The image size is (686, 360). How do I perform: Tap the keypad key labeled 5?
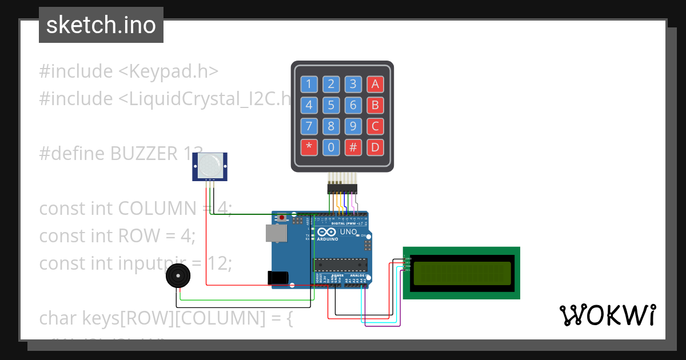click(331, 105)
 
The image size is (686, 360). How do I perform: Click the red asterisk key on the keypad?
click(309, 147)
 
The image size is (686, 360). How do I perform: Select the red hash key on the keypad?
click(353, 147)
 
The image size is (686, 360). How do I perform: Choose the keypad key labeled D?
click(375, 147)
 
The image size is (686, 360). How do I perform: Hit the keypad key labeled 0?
click(331, 147)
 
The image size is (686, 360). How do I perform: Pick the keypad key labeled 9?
click(353, 126)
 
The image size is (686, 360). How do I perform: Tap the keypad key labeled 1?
click(309, 85)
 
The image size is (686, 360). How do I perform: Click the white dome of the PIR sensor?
click(209, 165)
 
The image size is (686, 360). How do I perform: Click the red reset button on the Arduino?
click(282, 218)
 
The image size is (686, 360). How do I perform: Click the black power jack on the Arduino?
click(278, 278)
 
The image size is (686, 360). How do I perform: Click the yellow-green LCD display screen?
click(462, 273)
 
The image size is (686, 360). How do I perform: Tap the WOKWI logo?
click(607, 315)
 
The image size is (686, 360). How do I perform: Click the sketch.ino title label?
click(101, 25)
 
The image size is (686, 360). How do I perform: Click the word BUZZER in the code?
click(143, 154)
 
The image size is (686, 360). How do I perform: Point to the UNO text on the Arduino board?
click(349, 232)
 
